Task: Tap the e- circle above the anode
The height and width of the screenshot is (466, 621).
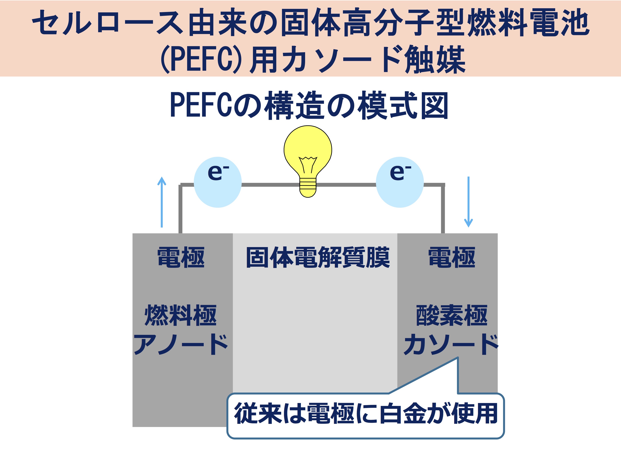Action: click(218, 182)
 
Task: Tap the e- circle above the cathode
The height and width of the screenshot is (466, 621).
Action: click(400, 182)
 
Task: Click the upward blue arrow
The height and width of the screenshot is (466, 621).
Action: click(162, 202)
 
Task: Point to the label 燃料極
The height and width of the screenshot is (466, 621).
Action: click(181, 315)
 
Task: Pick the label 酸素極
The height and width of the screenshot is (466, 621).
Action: click(452, 315)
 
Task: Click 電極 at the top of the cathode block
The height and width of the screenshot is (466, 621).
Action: click(452, 257)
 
